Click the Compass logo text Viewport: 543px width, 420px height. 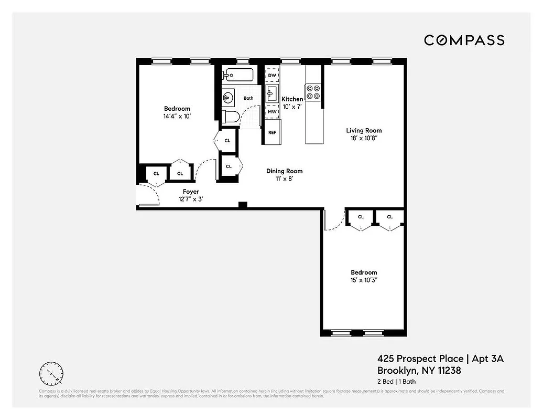pyautogui.click(x=464, y=40)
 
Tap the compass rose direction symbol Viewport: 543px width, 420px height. pyautogui.click(x=51, y=373)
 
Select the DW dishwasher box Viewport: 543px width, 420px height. pyautogui.click(x=272, y=76)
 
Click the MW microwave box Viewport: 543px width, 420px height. pyautogui.click(x=272, y=111)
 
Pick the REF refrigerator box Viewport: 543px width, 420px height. pyautogui.click(x=272, y=132)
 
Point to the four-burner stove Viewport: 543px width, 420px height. pyautogui.click(x=313, y=92)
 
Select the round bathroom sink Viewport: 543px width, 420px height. pyautogui.click(x=228, y=97)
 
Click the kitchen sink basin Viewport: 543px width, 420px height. pyautogui.click(x=271, y=94)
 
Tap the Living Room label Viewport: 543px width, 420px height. pyautogui.click(x=364, y=130)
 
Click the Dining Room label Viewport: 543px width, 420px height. pyautogui.click(x=284, y=171)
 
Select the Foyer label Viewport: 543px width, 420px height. pyautogui.click(x=191, y=192)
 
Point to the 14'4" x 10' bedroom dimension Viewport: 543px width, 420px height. pyautogui.click(x=176, y=117)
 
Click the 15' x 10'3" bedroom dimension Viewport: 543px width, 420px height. pyautogui.click(x=364, y=280)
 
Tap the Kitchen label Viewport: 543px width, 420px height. pyautogui.click(x=292, y=99)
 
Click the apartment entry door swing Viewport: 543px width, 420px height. pyautogui.click(x=148, y=197)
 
